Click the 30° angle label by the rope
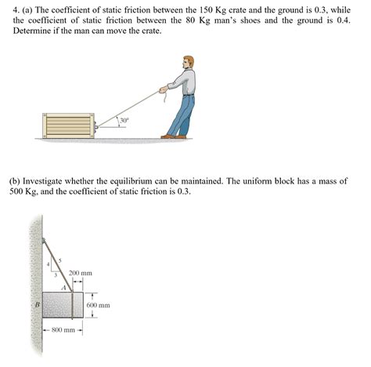click(124, 121)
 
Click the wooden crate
click(70, 126)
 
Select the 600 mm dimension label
click(98, 304)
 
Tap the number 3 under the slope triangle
click(56, 274)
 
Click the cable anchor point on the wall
click(43, 240)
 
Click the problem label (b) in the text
click(14, 180)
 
